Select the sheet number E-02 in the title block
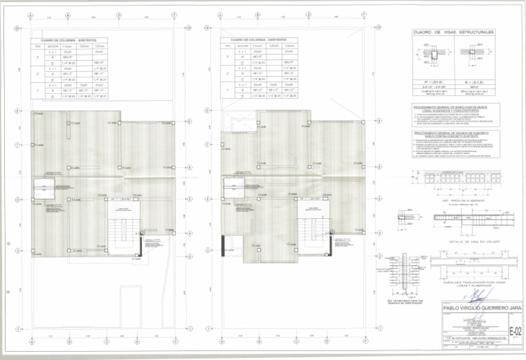click(x=516, y=331)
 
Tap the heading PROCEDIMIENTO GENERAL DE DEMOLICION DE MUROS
click(x=455, y=107)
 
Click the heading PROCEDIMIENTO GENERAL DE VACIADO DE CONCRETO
click(x=455, y=134)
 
